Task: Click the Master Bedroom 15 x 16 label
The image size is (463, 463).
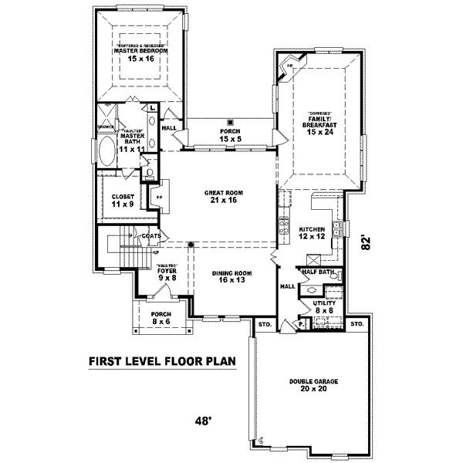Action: pyautogui.click(x=140, y=55)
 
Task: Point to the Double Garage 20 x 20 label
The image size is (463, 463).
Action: pyautogui.click(x=314, y=385)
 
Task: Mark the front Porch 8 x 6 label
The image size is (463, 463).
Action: pyautogui.click(x=161, y=318)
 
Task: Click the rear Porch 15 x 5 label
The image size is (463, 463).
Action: pyautogui.click(x=230, y=136)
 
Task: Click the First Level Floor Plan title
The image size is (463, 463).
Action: pyautogui.click(x=161, y=360)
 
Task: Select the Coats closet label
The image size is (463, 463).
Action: pyautogui.click(x=151, y=235)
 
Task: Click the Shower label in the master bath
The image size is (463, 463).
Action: pyautogui.click(x=106, y=126)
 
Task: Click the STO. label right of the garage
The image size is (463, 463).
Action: pyautogui.click(x=357, y=324)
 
